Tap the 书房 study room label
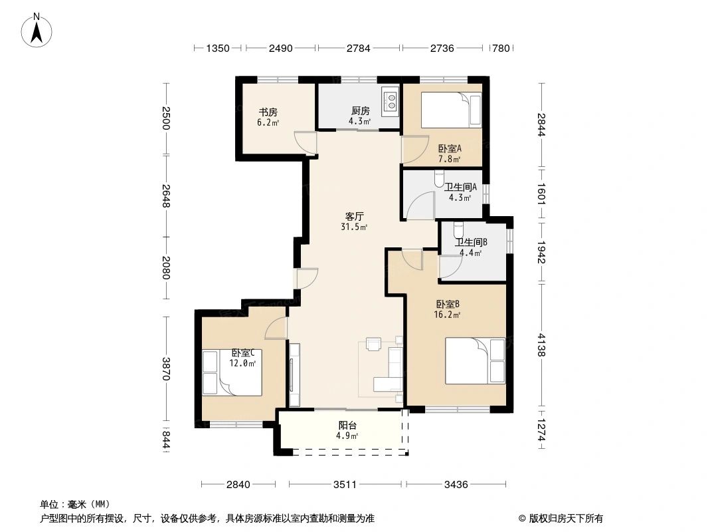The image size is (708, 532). tap(268, 117)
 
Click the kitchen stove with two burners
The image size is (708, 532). tap(391, 101)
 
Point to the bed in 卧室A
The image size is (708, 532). tap(451, 110)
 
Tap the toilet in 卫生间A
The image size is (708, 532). tap(438, 180)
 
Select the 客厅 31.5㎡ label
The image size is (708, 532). tap(353, 221)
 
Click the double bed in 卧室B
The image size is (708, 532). tap(476, 361)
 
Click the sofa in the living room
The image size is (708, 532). tap(392, 370)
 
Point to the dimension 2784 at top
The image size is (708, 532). tap(359, 48)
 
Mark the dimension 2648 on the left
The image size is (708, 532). tap(165, 196)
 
